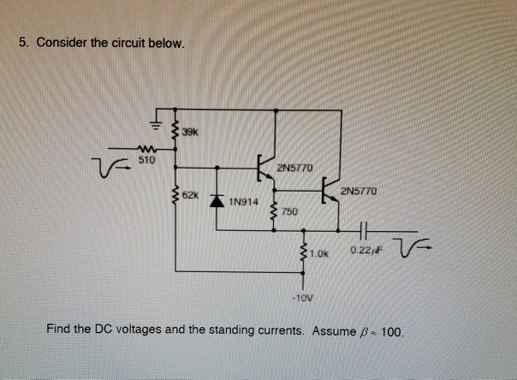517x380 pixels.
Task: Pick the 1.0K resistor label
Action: click(x=319, y=252)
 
